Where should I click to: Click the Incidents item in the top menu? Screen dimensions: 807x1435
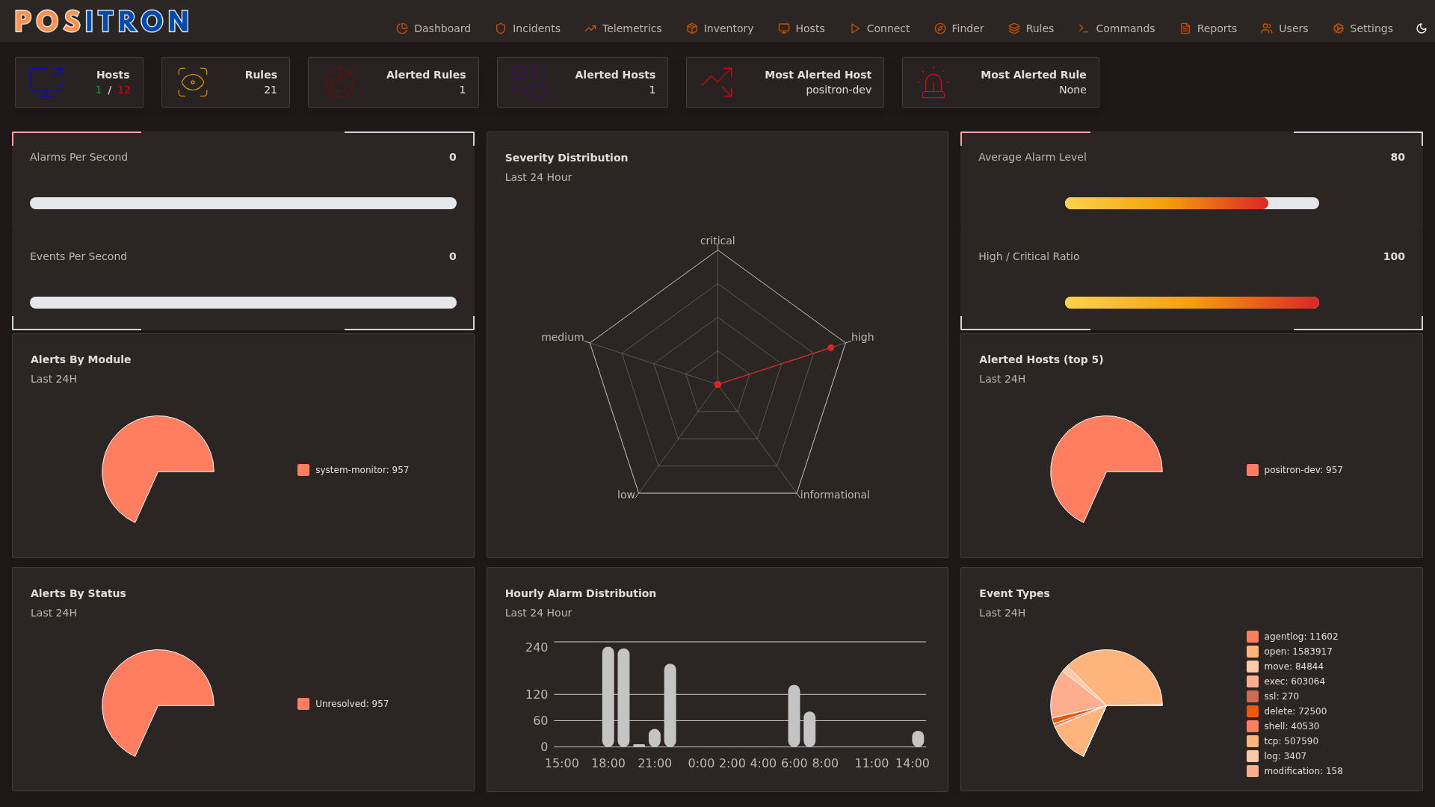click(528, 28)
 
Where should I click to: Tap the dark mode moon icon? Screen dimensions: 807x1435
click(1421, 28)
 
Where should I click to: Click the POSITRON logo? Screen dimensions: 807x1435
click(102, 21)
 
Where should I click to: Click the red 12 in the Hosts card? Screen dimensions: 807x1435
click(124, 90)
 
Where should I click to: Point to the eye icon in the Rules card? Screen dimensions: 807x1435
click(193, 82)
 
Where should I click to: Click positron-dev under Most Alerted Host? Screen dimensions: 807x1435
click(838, 90)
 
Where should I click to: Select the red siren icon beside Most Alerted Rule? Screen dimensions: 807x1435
click(933, 83)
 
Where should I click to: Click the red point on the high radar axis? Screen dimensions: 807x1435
click(830, 347)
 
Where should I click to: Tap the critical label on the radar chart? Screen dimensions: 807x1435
click(717, 241)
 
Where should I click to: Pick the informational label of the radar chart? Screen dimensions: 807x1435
click(834, 495)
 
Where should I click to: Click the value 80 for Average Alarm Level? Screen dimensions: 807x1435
click(1397, 157)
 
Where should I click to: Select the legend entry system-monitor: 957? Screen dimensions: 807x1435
click(361, 470)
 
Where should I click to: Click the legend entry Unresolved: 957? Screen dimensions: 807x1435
click(351, 704)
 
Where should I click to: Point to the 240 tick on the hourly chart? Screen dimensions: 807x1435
click(536, 647)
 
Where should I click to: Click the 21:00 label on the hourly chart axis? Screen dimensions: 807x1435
click(654, 763)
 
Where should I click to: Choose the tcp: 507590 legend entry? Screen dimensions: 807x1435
click(1290, 741)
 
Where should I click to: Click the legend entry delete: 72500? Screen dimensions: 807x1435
click(1294, 711)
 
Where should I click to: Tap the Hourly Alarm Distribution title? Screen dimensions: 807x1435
click(580, 593)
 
